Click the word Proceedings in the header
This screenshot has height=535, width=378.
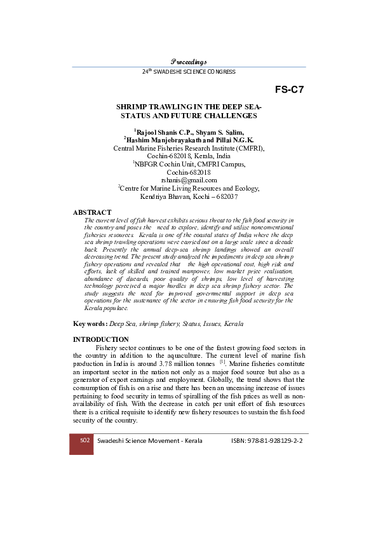(189, 61)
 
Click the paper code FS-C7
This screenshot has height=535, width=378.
(290, 89)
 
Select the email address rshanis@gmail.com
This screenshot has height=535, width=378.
(189, 180)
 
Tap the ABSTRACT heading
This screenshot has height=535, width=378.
(92, 212)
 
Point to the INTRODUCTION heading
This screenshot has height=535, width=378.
(101, 339)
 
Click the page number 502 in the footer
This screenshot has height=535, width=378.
(81, 440)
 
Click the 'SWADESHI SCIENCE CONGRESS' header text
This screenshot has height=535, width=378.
(197, 72)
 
